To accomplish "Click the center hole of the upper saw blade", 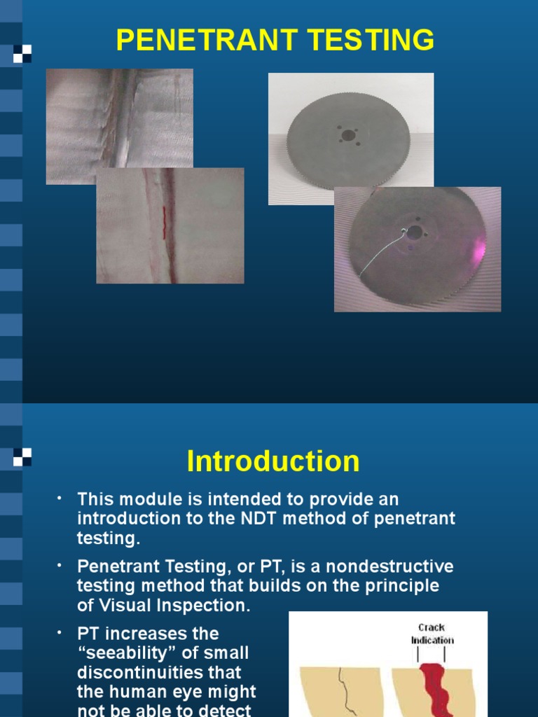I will click(348, 135).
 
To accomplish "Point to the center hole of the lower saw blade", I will click(415, 232).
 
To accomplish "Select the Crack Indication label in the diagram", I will click(432, 634).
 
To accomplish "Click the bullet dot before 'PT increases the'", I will click(60, 633).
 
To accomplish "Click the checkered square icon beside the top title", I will click(23, 54).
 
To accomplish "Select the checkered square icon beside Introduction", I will click(23, 457).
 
